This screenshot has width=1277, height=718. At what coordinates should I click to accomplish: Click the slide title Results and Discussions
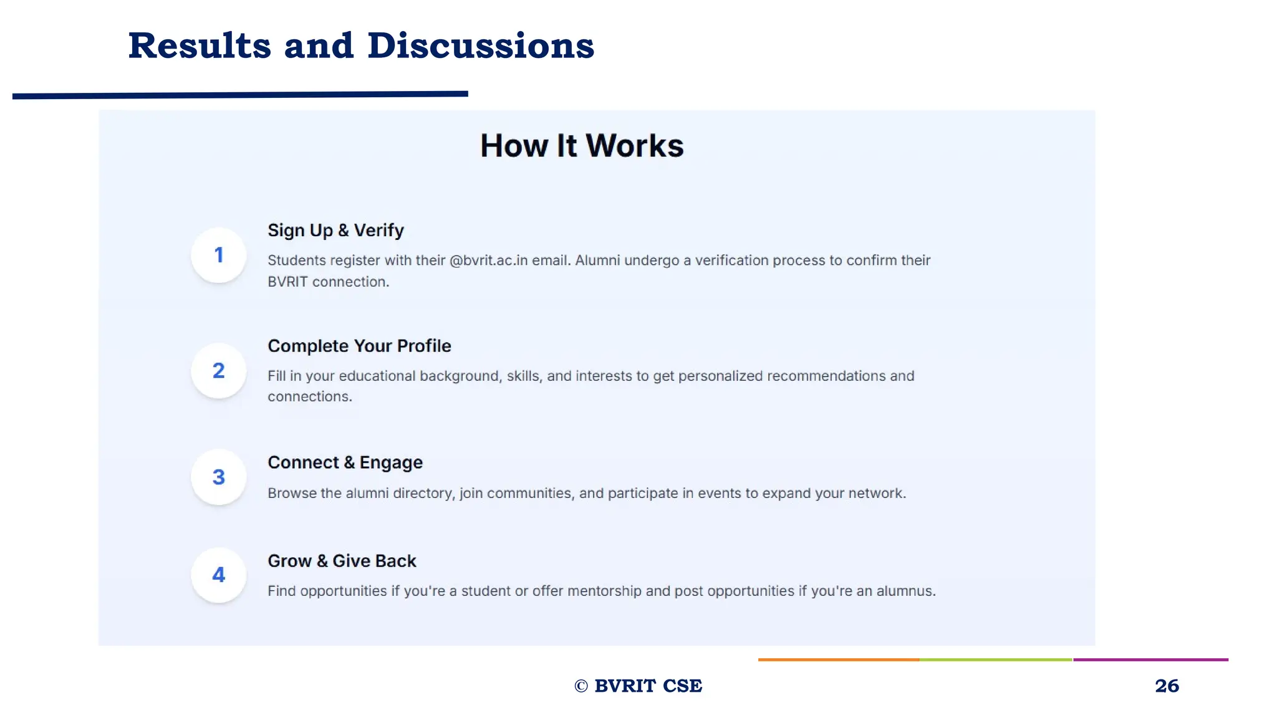point(361,46)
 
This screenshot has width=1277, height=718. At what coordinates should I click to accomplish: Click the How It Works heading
point(582,146)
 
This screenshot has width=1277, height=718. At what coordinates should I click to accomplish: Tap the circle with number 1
point(218,255)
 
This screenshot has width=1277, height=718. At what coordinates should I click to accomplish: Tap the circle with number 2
point(218,371)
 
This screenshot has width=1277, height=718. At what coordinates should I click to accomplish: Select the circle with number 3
point(218,477)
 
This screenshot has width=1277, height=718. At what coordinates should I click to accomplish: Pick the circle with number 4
point(218,575)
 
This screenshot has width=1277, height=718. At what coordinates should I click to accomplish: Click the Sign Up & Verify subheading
point(335,231)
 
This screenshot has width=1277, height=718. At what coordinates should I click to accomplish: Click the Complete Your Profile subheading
point(359,346)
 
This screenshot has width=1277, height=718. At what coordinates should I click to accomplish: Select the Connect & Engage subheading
point(345,462)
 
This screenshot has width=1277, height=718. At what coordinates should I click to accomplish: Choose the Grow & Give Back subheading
point(342,561)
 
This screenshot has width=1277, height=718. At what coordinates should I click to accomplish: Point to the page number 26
point(1167,686)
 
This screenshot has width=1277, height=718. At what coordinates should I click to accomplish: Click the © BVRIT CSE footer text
point(638,686)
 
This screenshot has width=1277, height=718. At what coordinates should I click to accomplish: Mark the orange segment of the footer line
point(839,659)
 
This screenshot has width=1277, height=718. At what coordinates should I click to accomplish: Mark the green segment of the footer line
point(996,659)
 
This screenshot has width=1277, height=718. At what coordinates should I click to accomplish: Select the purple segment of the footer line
point(1150,659)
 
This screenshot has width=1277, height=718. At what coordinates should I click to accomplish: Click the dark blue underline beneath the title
point(240,95)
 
